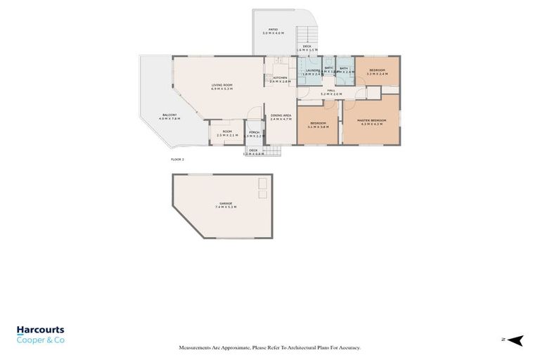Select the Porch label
tap(253, 134)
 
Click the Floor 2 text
tap(178, 160)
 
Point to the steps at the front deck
tap(273, 150)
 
